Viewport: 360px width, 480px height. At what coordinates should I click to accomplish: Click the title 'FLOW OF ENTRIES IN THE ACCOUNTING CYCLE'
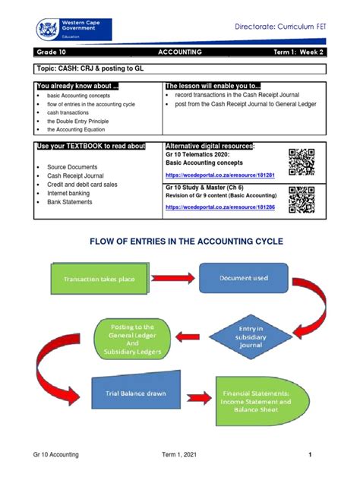click(180, 241)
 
